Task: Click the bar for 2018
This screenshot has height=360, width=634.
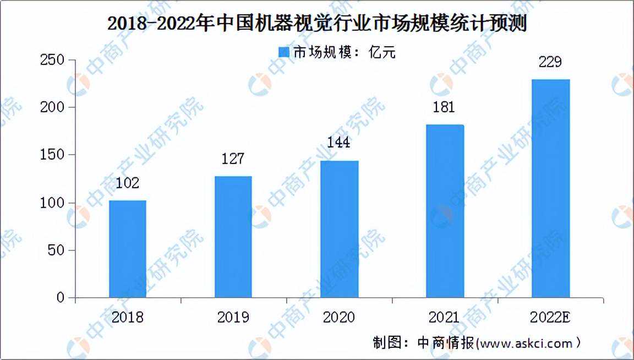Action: (x=128, y=249)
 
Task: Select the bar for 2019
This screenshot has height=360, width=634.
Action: (x=233, y=237)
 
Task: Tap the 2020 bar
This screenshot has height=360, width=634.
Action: (x=340, y=229)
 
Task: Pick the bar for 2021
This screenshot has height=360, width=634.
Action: (x=445, y=211)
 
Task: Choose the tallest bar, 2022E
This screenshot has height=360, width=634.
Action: (x=550, y=188)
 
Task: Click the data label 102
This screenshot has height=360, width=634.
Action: (x=128, y=183)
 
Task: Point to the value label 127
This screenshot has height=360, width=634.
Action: (x=233, y=160)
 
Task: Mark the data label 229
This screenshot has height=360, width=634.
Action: (x=550, y=62)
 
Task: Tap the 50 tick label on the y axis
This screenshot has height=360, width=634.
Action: (x=57, y=250)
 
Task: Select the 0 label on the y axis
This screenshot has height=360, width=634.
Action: (x=61, y=298)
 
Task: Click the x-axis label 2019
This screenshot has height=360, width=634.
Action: (x=233, y=318)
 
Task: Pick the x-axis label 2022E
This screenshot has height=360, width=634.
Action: (x=550, y=318)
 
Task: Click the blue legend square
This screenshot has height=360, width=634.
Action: (x=284, y=53)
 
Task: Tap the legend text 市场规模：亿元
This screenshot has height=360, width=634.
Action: (x=343, y=53)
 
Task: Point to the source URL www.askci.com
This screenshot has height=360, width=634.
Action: (x=526, y=343)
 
